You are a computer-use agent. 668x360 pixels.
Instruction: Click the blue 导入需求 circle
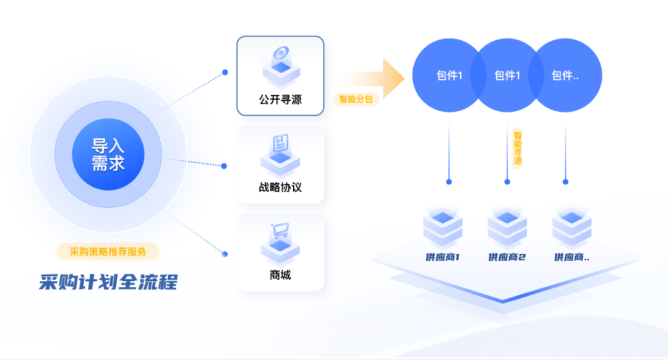108,154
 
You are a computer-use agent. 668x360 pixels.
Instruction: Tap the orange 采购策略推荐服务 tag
108,252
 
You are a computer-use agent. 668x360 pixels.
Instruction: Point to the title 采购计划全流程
108,282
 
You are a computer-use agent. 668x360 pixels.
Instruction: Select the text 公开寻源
280,100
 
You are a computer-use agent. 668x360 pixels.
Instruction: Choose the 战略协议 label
280,187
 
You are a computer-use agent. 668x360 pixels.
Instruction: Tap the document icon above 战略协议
280,143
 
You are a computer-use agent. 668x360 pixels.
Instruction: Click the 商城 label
280,275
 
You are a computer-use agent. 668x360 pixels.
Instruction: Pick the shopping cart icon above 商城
280,231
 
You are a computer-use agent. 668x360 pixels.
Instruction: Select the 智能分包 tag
356,99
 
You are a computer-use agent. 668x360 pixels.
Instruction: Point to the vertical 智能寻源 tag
518,148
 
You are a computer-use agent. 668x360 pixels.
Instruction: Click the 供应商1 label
443,257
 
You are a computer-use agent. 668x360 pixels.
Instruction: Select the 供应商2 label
507,257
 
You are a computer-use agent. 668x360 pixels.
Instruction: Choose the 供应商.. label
572,257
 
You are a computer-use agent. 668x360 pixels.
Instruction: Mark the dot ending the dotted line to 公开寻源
225,72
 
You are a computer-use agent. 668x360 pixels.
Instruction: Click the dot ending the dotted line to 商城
225,254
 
